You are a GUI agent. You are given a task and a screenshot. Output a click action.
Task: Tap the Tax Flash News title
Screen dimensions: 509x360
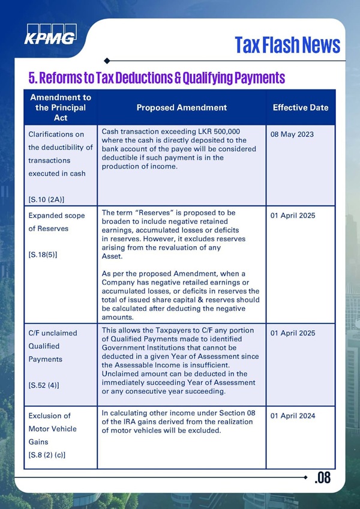287,44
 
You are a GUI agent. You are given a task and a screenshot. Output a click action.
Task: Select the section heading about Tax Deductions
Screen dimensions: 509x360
157,77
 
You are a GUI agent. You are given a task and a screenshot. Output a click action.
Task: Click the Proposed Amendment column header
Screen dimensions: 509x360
181,107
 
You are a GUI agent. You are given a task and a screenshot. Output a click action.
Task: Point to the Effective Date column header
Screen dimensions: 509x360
301,107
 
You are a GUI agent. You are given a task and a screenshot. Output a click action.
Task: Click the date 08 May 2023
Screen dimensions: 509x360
292,134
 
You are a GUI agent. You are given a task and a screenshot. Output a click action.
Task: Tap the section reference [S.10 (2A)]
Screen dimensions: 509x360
47,199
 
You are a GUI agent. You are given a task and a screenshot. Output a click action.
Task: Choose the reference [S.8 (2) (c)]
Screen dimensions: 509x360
47,456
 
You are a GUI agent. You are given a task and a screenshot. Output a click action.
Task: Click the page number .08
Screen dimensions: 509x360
322,478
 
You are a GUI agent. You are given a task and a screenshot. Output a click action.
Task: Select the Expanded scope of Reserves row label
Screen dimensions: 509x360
57,221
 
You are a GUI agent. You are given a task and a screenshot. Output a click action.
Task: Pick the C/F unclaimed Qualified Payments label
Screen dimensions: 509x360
53,346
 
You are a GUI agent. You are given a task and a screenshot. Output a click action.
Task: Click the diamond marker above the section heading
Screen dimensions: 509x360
107,61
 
